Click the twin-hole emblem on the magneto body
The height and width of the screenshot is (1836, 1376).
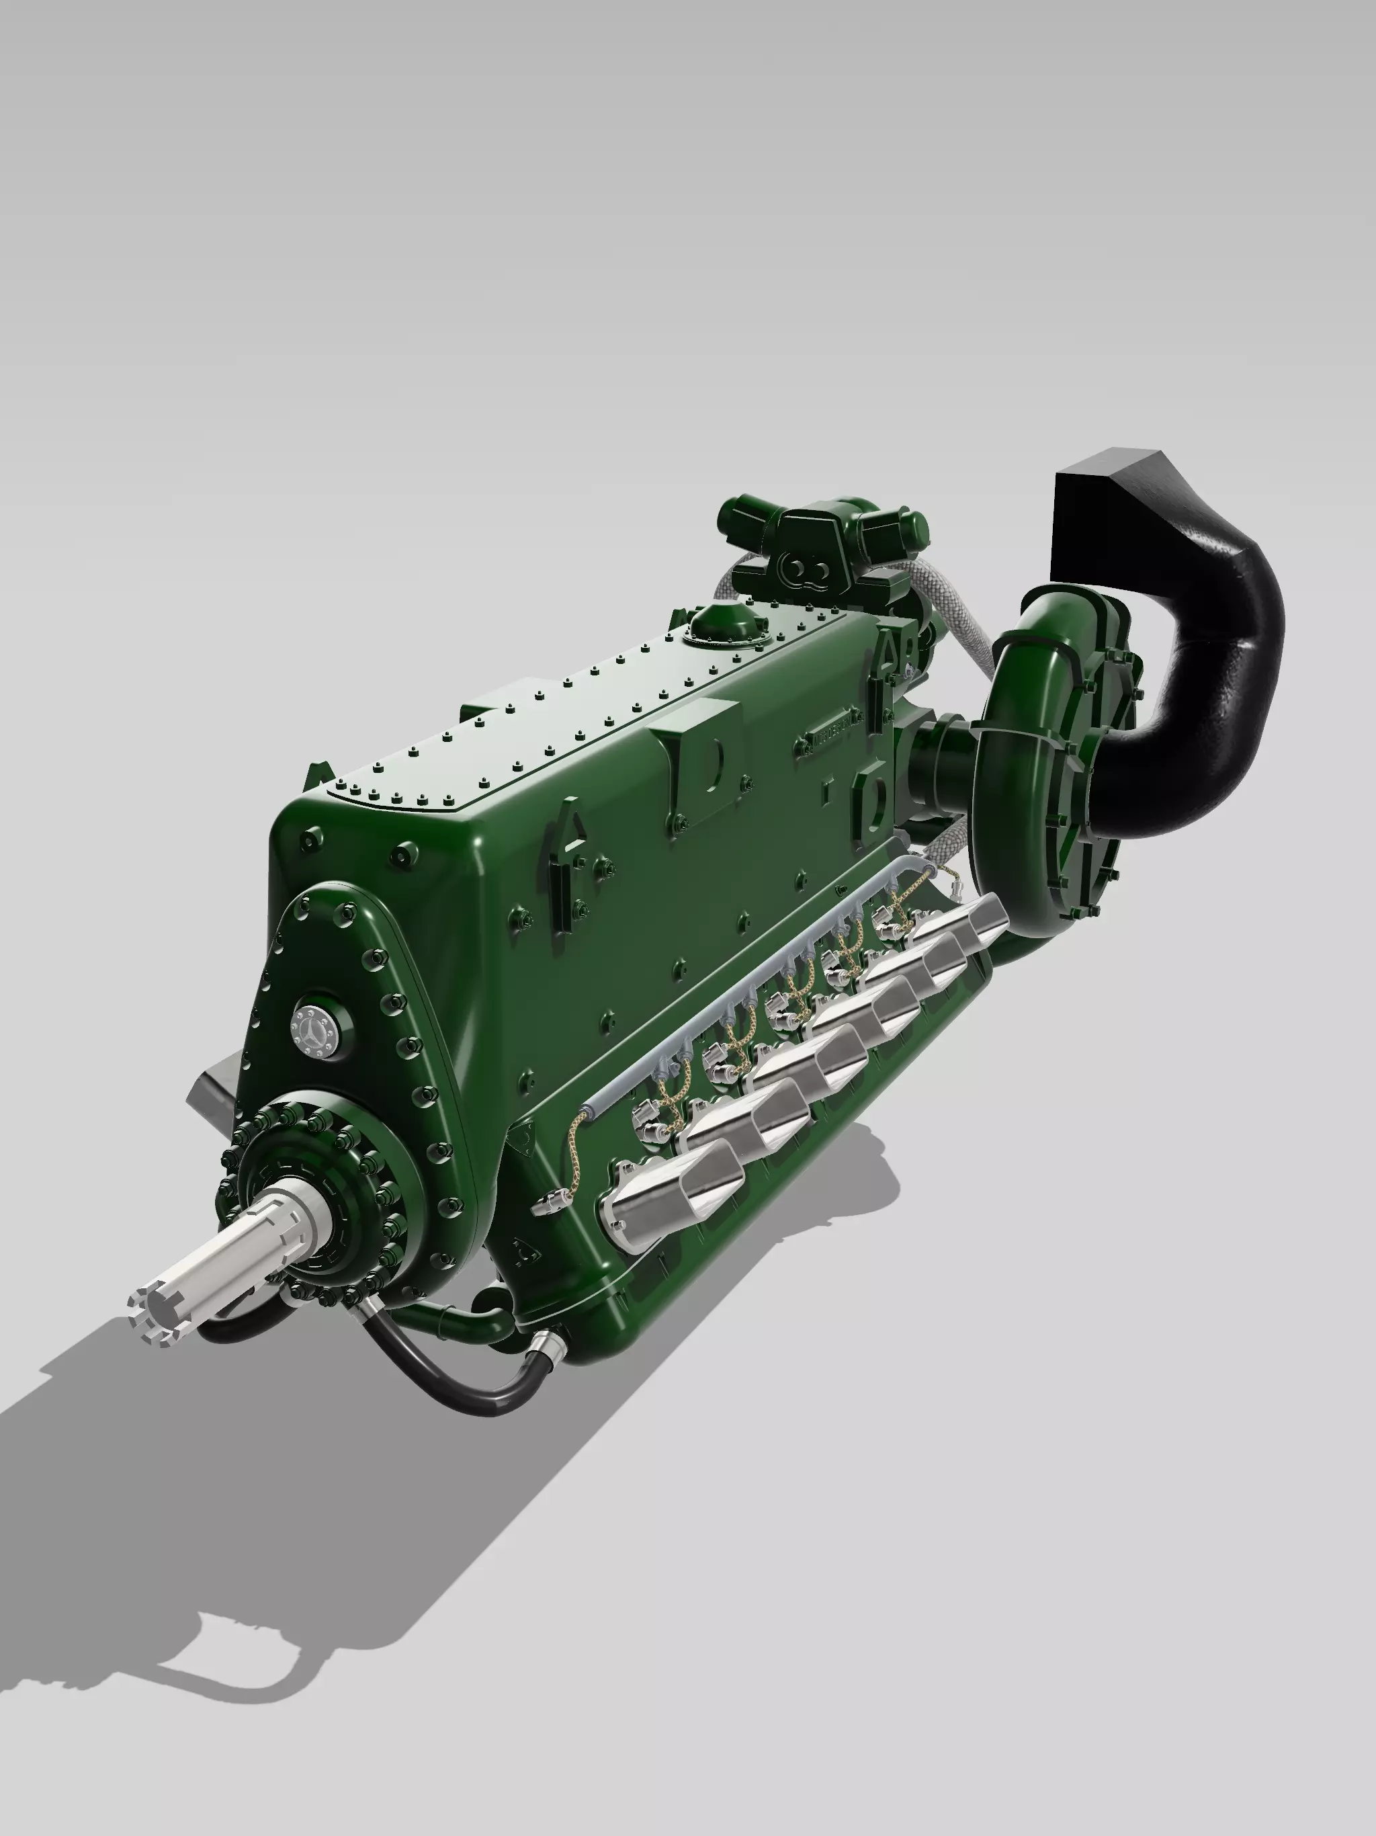point(806,569)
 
